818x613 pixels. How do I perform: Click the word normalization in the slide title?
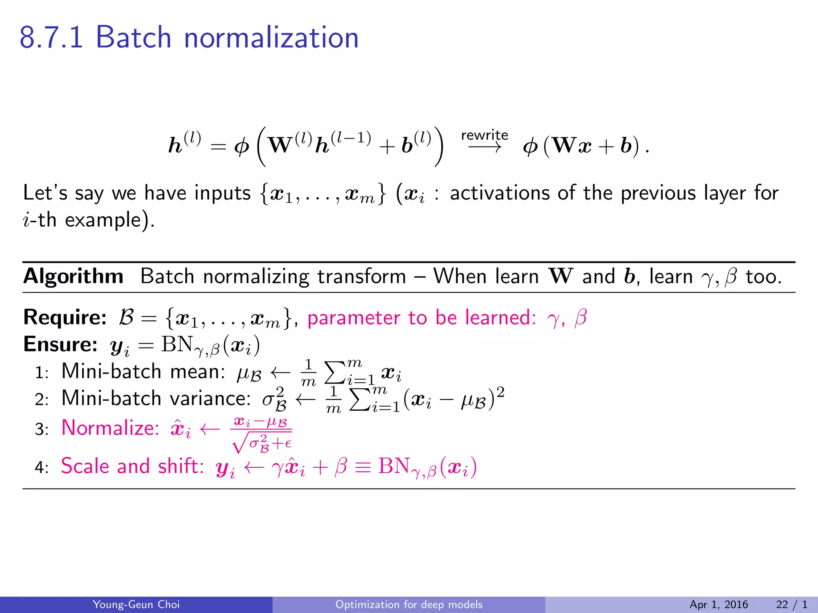pyautogui.click(x=271, y=38)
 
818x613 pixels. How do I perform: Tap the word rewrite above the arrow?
pyautogui.click(x=484, y=135)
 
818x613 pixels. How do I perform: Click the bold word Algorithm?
pyautogui.click(x=73, y=276)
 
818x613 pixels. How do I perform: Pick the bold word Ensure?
pyautogui.click(x=60, y=344)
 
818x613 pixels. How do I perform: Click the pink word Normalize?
pyautogui.click(x=110, y=428)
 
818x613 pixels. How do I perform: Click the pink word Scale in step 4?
pyautogui.click(x=85, y=466)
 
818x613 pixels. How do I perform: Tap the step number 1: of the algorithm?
pyautogui.click(x=42, y=373)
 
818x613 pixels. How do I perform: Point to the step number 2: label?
pyautogui.click(x=42, y=399)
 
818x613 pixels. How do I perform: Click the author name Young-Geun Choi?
pyautogui.click(x=136, y=604)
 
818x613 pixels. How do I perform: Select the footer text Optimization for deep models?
pyautogui.click(x=409, y=604)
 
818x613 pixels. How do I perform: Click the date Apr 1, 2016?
pyautogui.click(x=718, y=604)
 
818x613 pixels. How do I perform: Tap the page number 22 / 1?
pyautogui.click(x=791, y=604)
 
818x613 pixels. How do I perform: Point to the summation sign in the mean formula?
pyautogui.click(x=335, y=373)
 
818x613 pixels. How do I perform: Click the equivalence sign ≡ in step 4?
pyautogui.click(x=363, y=467)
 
